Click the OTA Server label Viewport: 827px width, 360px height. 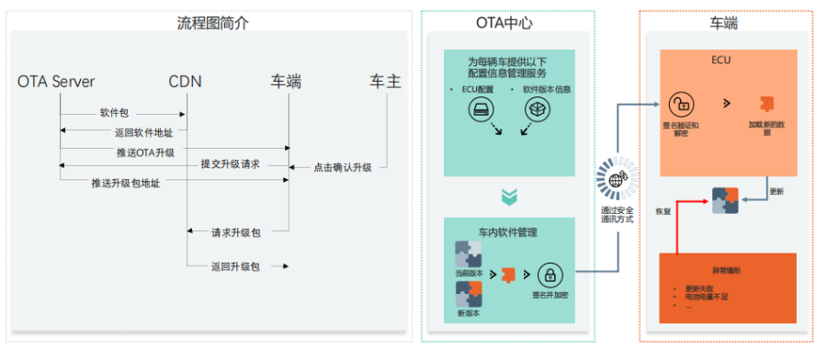56,83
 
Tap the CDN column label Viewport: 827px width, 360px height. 185,83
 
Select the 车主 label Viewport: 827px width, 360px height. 385,83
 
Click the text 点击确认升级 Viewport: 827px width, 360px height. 343,167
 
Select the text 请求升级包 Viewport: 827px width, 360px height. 236,232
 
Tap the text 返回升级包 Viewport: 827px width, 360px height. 236,266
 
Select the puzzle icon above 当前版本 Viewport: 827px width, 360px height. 469,252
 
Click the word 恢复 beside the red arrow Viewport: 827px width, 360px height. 663,210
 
